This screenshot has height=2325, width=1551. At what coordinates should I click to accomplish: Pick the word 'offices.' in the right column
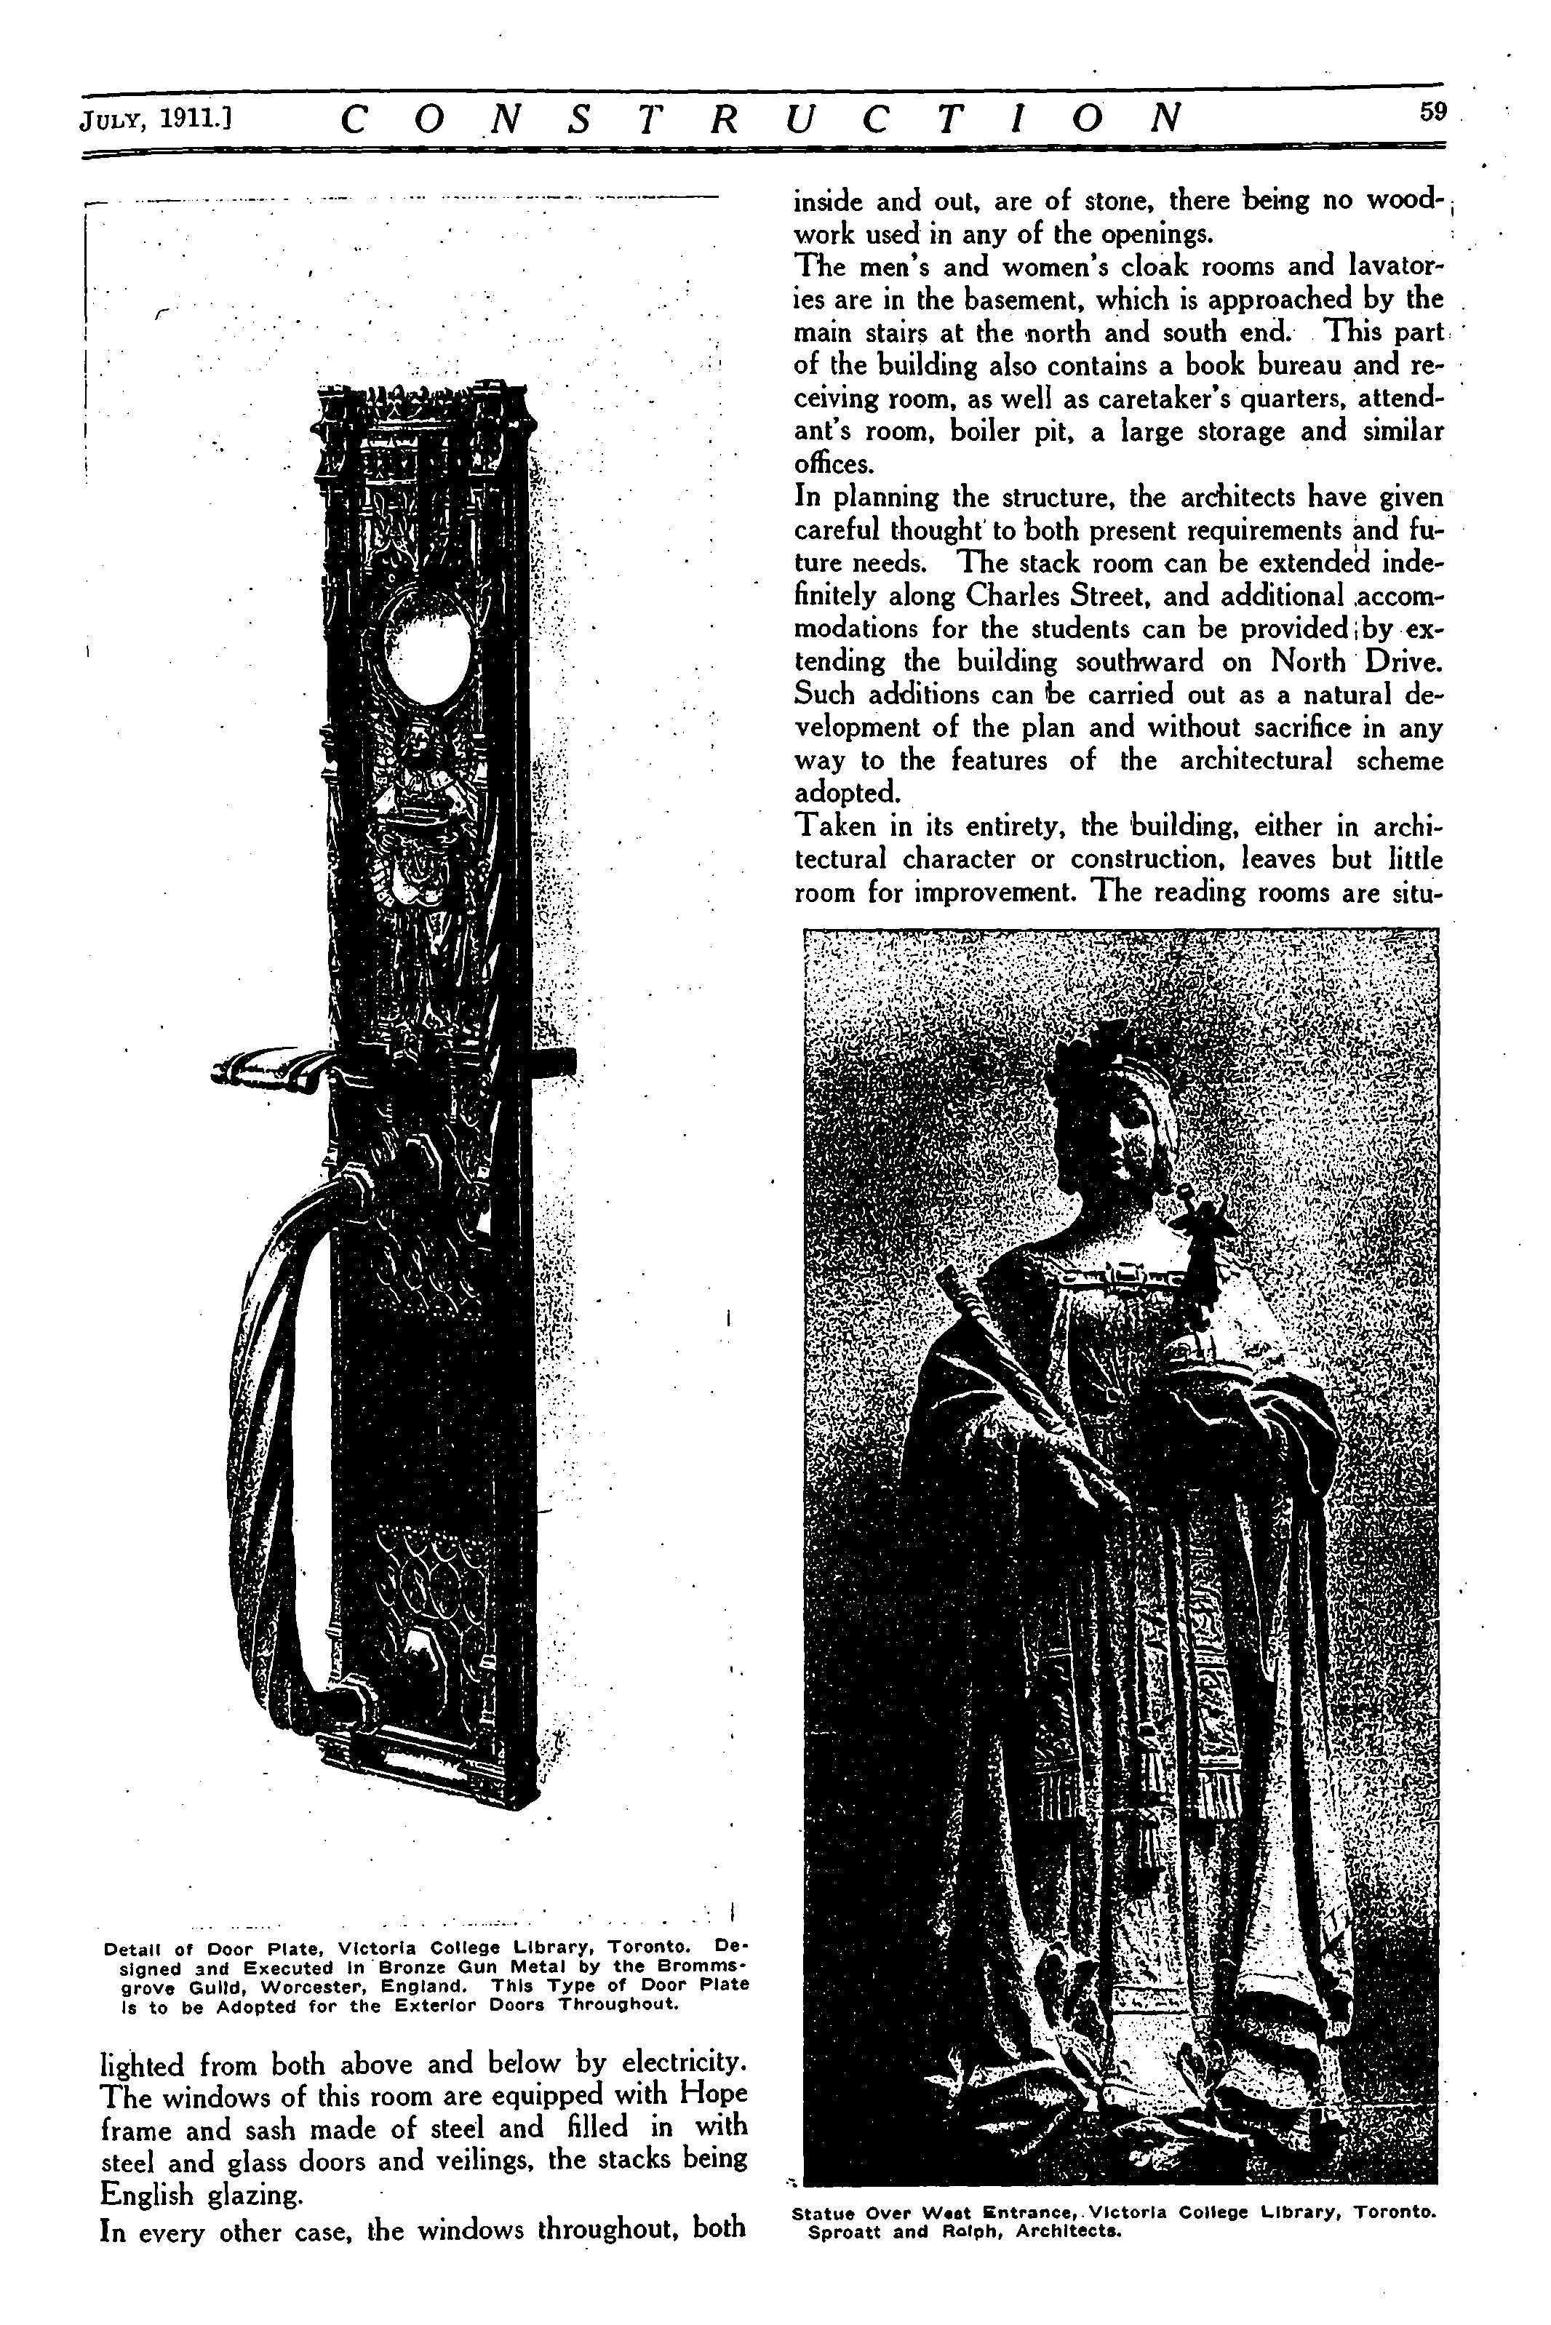click(x=834, y=464)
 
